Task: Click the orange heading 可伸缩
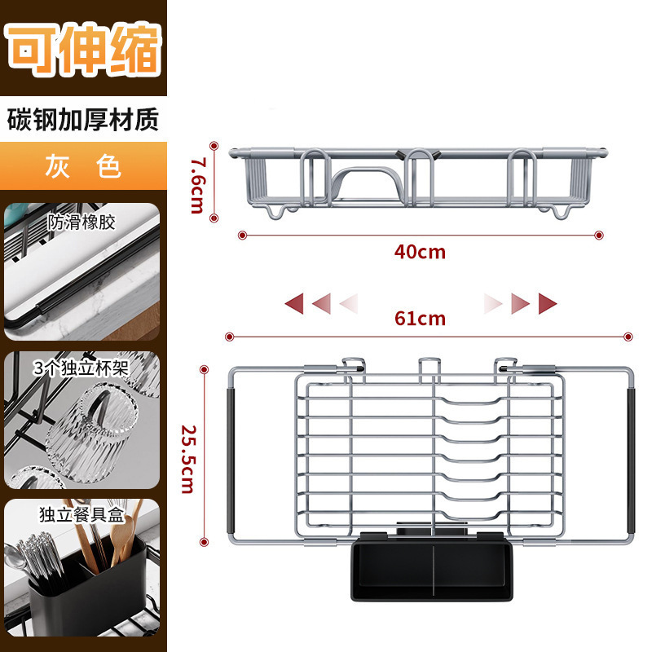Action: tap(83, 49)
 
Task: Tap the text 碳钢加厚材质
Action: tap(83, 120)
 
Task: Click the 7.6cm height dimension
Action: tap(196, 183)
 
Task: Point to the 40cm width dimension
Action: tap(420, 252)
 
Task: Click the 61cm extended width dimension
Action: tap(420, 318)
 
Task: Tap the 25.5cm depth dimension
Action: tap(187, 459)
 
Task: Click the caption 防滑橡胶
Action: tap(81, 222)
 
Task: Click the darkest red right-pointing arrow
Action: tap(547, 305)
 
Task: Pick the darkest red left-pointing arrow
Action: tap(294, 305)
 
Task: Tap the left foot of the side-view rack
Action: tap(278, 211)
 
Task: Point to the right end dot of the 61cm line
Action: tap(628, 337)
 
